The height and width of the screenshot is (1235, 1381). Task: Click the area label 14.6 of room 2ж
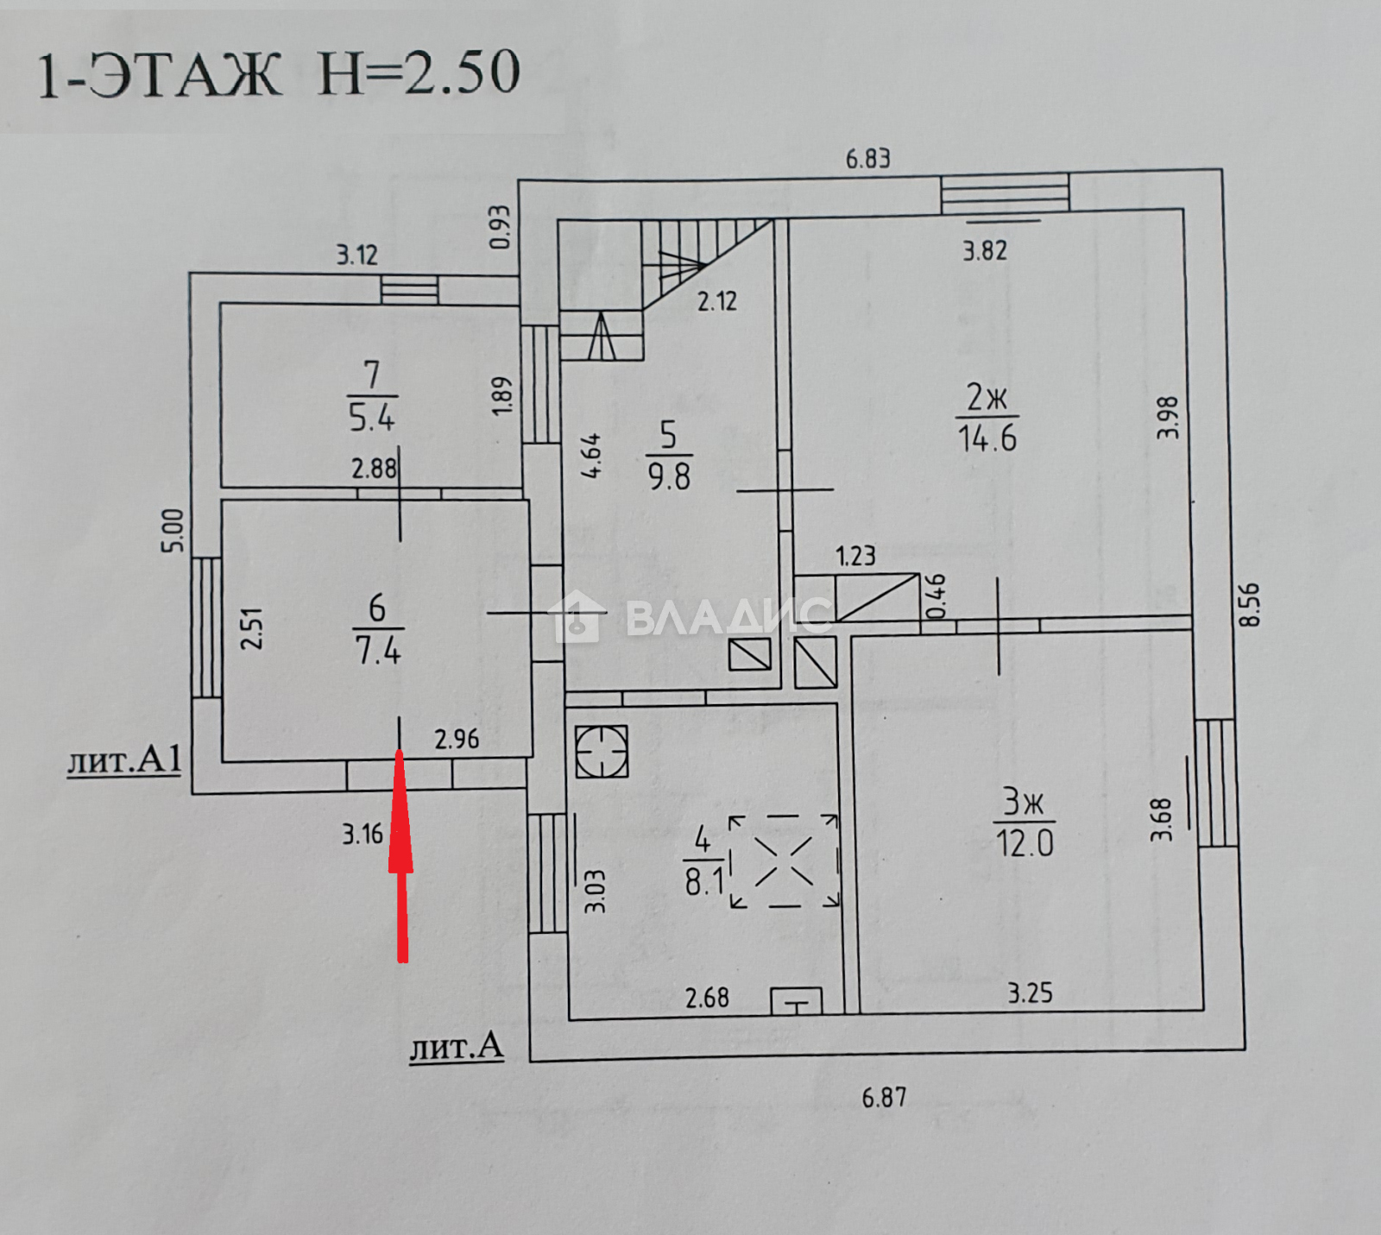click(x=987, y=438)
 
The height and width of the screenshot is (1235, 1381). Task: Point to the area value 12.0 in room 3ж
click(x=1025, y=842)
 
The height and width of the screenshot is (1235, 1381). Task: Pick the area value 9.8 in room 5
click(x=669, y=476)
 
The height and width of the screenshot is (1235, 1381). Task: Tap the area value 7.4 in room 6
click(x=378, y=649)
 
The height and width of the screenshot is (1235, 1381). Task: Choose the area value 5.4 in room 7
click(x=371, y=417)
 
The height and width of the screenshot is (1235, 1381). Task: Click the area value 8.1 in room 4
click(x=703, y=881)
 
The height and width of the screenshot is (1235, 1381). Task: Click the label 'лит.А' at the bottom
click(x=456, y=1046)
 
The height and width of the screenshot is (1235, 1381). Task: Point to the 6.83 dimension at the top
click(x=867, y=158)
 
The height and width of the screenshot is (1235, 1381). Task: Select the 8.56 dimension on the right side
click(x=1249, y=604)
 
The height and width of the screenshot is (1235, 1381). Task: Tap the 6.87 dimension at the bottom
click(x=884, y=1097)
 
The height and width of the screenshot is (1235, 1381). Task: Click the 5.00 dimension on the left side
click(x=173, y=530)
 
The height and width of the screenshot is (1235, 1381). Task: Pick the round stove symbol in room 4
click(x=601, y=751)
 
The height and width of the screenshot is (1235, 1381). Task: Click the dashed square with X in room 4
click(x=785, y=861)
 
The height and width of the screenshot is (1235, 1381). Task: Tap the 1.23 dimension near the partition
click(x=855, y=556)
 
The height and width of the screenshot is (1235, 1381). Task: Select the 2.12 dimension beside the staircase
click(x=717, y=301)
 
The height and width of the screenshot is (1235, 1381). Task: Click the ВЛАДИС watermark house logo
click(x=574, y=615)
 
